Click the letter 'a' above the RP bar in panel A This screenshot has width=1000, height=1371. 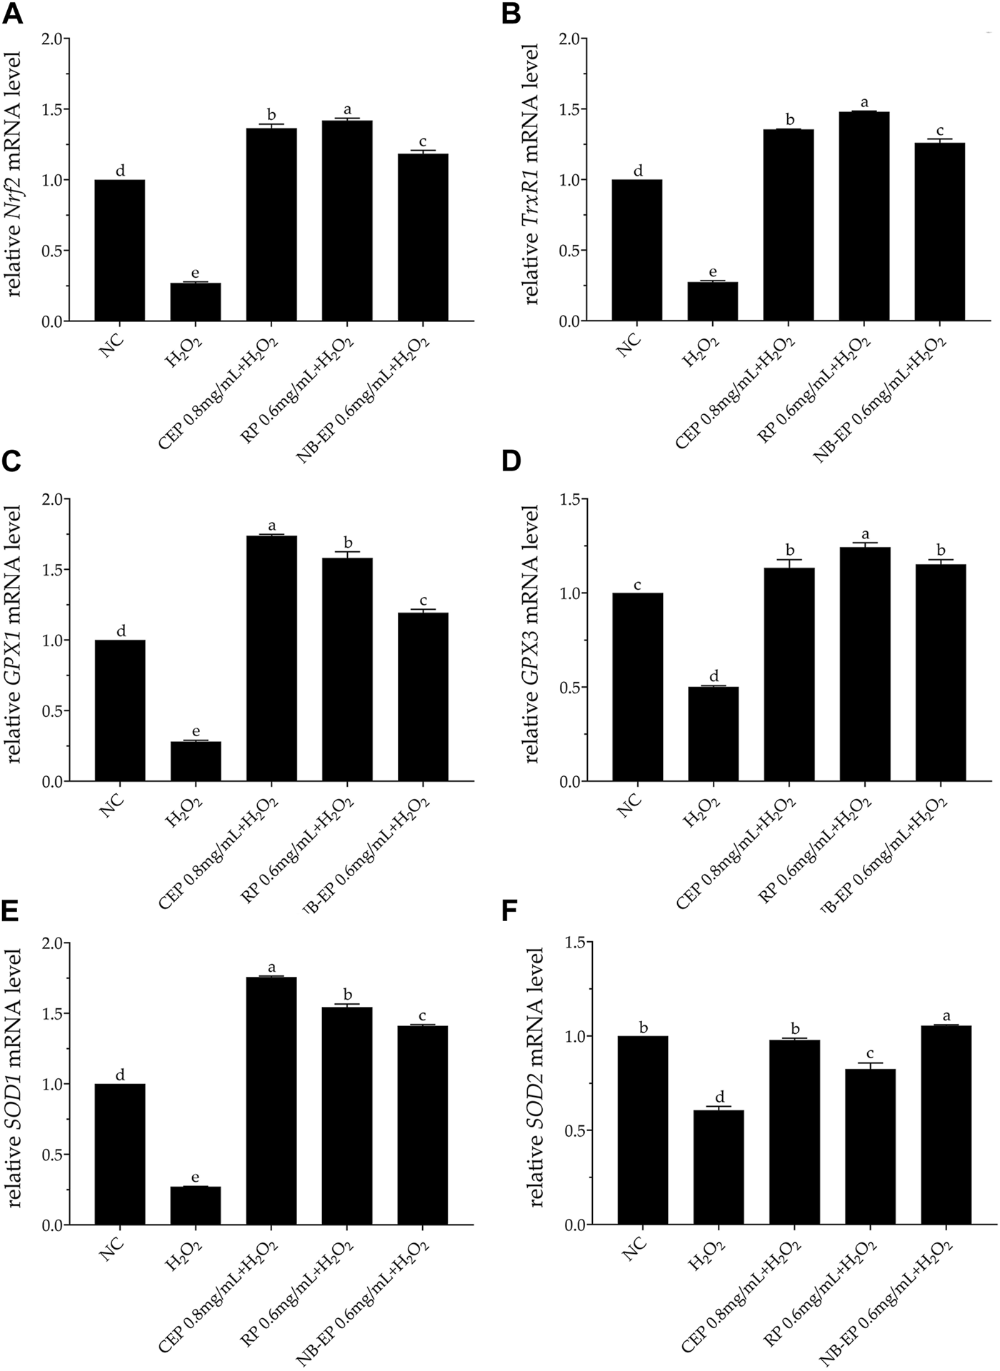tap(348, 109)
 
